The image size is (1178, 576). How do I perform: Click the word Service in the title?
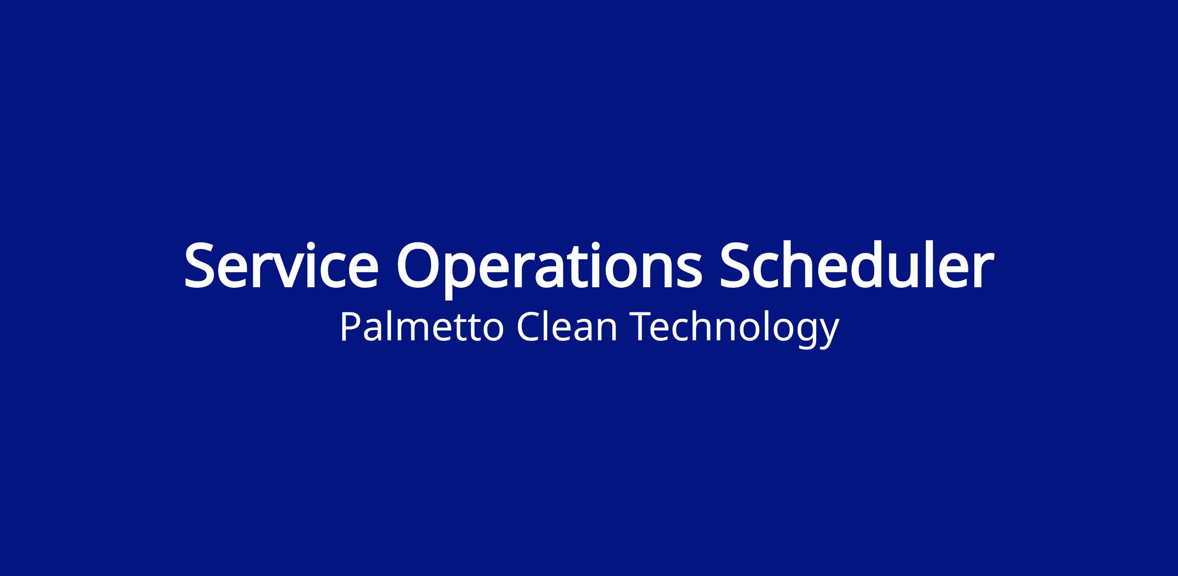click(281, 265)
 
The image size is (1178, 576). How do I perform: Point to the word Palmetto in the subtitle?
click(422, 327)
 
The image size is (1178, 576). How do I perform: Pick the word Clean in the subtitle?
click(567, 327)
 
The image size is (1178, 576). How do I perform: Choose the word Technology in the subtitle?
click(735, 329)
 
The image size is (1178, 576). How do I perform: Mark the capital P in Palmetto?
click(350, 327)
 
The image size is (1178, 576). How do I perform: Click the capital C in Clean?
click(528, 327)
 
